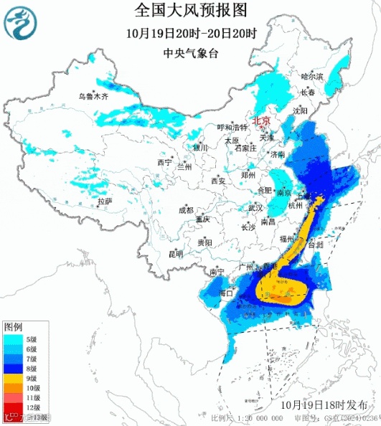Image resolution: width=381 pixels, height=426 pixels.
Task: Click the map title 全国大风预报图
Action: pyautogui.click(x=190, y=10)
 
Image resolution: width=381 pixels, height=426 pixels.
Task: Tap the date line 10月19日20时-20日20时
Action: pyautogui.click(x=190, y=33)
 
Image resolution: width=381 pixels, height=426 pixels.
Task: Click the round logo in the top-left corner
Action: pyautogui.click(x=19, y=25)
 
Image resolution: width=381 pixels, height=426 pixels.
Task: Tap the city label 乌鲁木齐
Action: pyautogui.click(x=93, y=96)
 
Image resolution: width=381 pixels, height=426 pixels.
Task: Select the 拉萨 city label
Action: pyautogui.click(x=105, y=202)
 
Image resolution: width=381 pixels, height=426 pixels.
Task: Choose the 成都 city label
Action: pyautogui.click(x=186, y=210)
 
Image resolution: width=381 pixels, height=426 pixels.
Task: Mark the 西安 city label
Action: pyautogui.click(x=218, y=181)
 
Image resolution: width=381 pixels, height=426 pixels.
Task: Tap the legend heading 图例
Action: pyautogui.click(x=13, y=326)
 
